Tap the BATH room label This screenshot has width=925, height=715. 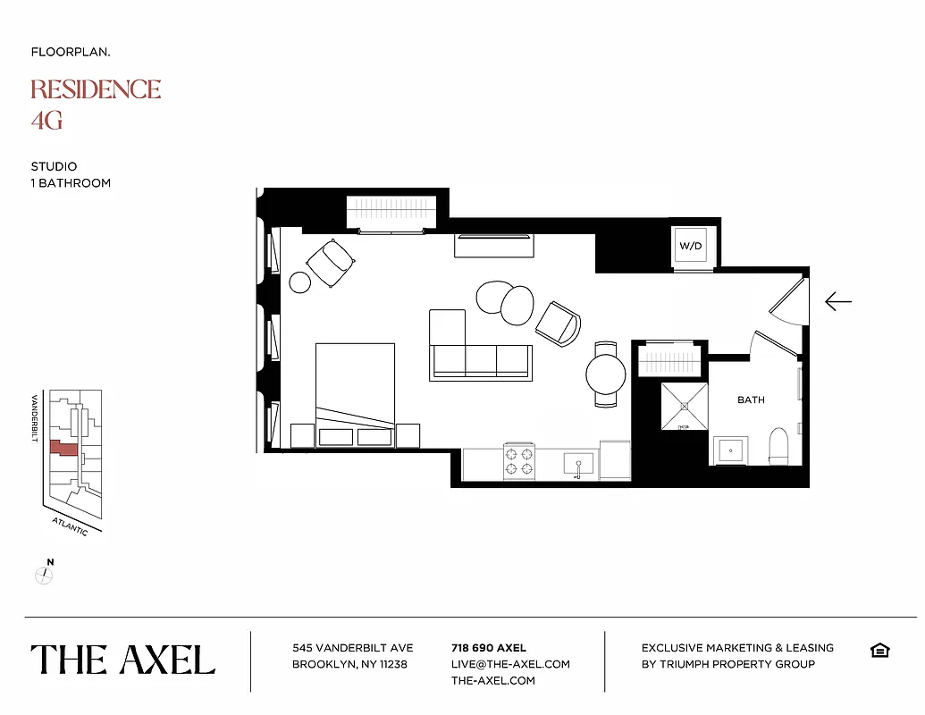point(751,400)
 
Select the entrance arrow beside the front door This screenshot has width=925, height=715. point(837,302)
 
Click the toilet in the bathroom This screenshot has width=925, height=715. point(778,446)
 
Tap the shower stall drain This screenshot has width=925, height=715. point(685,407)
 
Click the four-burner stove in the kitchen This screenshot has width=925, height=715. point(519,461)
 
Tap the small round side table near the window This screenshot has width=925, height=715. point(300,282)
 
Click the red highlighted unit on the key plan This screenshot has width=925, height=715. point(63,448)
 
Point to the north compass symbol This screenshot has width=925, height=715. point(45,575)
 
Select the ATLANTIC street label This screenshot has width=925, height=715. point(69,526)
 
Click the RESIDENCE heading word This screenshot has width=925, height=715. point(96,89)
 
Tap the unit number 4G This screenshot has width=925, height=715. point(46,120)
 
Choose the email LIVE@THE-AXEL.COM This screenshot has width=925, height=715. point(510,664)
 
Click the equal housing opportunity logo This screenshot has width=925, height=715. point(879,650)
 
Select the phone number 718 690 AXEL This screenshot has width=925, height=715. point(489,648)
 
